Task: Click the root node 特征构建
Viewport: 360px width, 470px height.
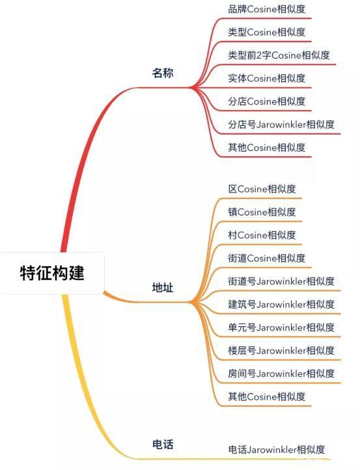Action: [52, 273]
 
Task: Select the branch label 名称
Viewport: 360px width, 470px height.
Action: [163, 73]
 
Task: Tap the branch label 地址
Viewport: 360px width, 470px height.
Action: [163, 288]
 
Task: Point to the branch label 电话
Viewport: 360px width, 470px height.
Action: [163, 444]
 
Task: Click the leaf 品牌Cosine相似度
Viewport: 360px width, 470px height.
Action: [266, 9]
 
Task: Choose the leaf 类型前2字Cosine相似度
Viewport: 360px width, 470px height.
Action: [279, 55]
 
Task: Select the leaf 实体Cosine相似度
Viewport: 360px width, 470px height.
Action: [266, 78]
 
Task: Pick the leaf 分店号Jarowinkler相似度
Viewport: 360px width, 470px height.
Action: [281, 124]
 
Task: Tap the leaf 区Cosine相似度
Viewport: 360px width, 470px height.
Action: [262, 189]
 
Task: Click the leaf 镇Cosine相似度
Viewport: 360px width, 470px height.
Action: [262, 212]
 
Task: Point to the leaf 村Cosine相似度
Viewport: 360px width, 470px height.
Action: [262, 235]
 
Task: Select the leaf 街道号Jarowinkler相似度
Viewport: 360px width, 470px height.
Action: [281, 281]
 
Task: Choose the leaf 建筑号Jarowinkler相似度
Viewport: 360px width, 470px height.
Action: [281, 304]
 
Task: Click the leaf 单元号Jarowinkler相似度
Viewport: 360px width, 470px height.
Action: [281, 327]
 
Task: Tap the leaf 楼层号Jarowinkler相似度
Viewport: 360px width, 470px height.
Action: [281, 350]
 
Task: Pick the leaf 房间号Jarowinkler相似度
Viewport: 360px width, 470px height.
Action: [281, 374]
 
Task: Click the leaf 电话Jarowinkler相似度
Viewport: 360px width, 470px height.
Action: [277, 450]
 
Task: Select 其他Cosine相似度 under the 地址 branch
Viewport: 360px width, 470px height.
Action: [266, 396]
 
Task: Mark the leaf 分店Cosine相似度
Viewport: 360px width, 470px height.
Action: [266, 102]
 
